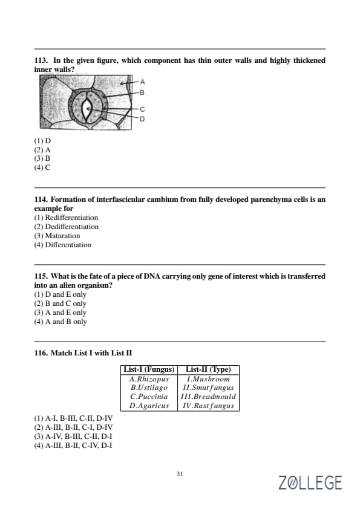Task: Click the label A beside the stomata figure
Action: (142, 82)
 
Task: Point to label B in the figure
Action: (142, 92)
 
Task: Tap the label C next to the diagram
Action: (142, 109)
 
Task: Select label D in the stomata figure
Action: (142, 119)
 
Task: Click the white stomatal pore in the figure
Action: (87, 109)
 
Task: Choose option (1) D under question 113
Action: (42, 141)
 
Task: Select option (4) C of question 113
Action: (42, 167)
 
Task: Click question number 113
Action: (41, 60)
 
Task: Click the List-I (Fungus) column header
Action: (149, 369)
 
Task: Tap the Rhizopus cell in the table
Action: (149, 379)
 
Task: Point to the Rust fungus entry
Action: (208, 406)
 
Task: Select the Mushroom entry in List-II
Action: (208, 379)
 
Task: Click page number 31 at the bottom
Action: (180, 473)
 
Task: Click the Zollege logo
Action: (310, 482)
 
